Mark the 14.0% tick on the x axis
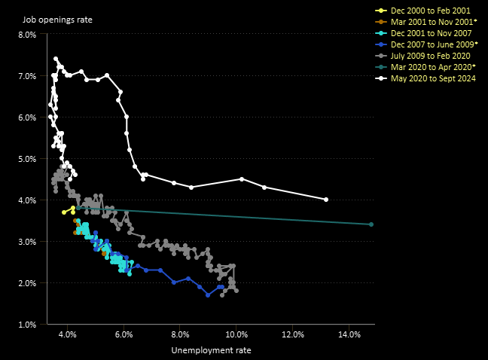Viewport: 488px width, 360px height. (x=349, y=334)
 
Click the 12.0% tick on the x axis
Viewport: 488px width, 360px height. (x=292, y=334)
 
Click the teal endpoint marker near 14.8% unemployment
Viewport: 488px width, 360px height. (x=371, y=224)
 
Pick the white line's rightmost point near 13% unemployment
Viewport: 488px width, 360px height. (x=326, y=200)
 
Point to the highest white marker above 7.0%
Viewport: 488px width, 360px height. (x=56, y=59)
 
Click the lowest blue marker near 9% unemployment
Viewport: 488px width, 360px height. (x=208, y=294)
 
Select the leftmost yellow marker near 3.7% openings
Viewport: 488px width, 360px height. (x=64, y=212)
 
